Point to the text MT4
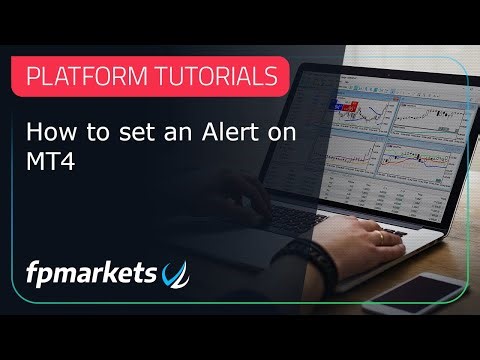pos(44,158)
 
